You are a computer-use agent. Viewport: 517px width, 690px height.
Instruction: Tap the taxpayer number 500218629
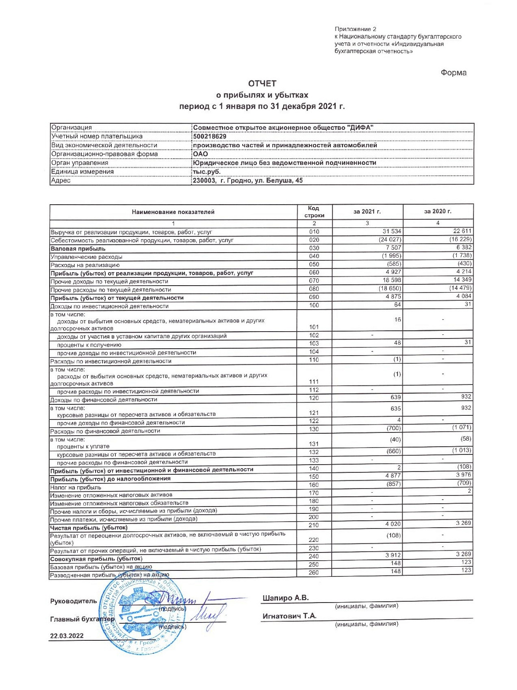tap(210, 136)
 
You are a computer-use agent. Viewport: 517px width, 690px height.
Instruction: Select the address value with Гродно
tap(248, 180)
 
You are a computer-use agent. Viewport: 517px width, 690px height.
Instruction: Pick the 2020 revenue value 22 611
tap(462, 231)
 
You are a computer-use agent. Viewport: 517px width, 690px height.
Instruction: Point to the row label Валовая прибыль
tap(78, 248)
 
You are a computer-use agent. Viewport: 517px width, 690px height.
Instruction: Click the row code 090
tap(314, 297)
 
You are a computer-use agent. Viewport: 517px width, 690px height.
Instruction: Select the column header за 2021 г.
tap(367, 212)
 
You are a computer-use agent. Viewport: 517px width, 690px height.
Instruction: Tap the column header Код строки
tap(314, 212)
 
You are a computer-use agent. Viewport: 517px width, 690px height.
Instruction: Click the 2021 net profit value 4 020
tap(393, 524)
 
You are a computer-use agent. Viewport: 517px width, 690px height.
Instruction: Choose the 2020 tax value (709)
tap(464, 483)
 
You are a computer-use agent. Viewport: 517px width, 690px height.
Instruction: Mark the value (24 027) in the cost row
tap(390, 240)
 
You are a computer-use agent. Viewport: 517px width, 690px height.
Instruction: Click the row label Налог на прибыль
tap(75, 487)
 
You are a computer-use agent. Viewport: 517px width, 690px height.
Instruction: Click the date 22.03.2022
tap(67, 636)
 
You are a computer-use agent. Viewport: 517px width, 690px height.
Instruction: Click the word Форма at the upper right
tap(453, 73)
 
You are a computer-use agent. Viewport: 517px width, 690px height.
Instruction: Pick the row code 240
tap(314, 556)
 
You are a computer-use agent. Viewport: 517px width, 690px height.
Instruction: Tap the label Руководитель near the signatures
tap(73, 601)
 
